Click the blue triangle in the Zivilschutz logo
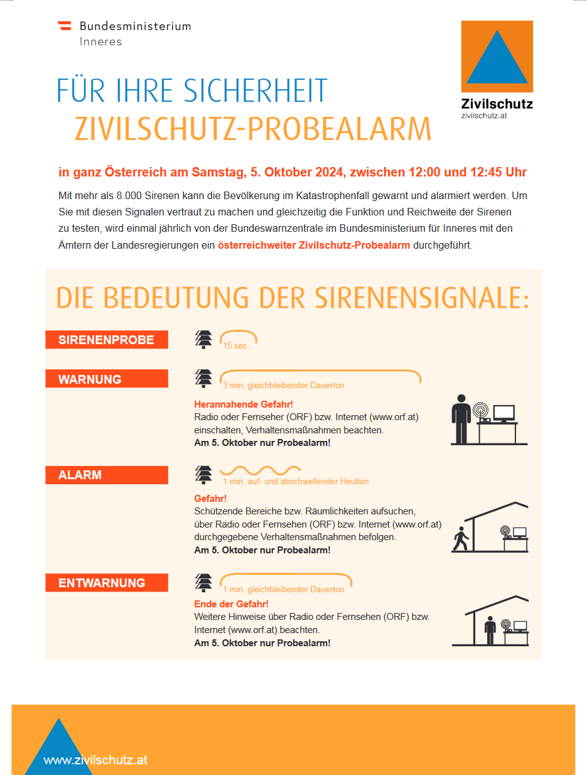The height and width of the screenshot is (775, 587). pyautogui.click(x=497, y=60)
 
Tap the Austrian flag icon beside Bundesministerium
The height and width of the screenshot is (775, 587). pyautogui.click(x=64, y=26)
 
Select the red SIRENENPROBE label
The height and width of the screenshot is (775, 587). pyautogui.click(x=106, y=340)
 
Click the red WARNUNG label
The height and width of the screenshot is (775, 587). pyautogui.click(x=106, y=379)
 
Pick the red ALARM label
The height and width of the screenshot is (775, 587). pyautogui.click(x=106, y=475)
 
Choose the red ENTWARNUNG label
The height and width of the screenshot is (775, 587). pyautogui.click(x=106, y=583)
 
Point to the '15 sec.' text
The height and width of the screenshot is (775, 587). pyautogui.click(x=236, y=346)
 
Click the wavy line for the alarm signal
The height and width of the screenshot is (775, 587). pyautogui.click(x=260, y=470)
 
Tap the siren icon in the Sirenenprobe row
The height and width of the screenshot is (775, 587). pyautogui.click(x=203, y=339)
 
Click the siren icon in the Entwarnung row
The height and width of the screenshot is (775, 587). pyautogui.click(x=203, y=583)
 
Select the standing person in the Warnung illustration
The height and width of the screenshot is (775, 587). pyautogui.click(x=461, y=419)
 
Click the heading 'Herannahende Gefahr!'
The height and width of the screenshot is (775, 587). pyautogui.click(x=244, y=404)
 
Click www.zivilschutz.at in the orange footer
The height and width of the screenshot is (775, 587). pyautogui.click(x=95, y=760)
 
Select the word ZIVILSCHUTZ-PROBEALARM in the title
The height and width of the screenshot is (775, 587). pyautogui.click(x=253, y=129)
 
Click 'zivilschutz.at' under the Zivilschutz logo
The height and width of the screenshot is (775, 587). pyautogui.click(x=483, y=116)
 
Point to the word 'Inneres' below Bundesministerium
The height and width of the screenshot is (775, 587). pyautogui.click(x=100, y=42)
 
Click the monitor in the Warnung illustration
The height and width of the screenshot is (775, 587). pyautogui.click(x=504, y=413)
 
